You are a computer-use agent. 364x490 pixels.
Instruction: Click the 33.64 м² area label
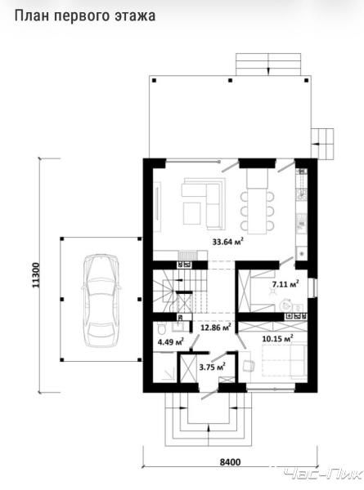pos(228,242)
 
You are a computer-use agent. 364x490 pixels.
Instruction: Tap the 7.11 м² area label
pos(285,284)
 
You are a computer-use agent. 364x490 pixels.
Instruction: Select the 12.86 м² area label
pos(216,327)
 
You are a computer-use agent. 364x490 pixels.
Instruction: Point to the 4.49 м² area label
pos(171,341)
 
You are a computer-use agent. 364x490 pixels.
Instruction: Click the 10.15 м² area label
pos(277,338)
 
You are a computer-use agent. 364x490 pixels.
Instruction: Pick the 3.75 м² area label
pos(213,367)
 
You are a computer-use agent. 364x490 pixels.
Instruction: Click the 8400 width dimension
pos(230,462)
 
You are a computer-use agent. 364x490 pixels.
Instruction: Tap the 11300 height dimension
pos(36,275)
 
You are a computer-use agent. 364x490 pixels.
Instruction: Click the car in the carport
pos(101,301)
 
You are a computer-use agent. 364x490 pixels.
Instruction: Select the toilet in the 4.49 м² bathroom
pos(161,329)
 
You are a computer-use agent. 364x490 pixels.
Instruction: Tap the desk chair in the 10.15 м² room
pos(249,366)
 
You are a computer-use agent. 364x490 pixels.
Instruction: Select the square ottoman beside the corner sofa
pos(192,213)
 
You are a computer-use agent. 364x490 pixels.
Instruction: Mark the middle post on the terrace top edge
pos(231,81)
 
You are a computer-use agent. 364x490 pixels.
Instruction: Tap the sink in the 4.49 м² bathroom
pos(178,326)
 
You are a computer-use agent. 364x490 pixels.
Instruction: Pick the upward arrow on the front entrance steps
pos(209,435)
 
